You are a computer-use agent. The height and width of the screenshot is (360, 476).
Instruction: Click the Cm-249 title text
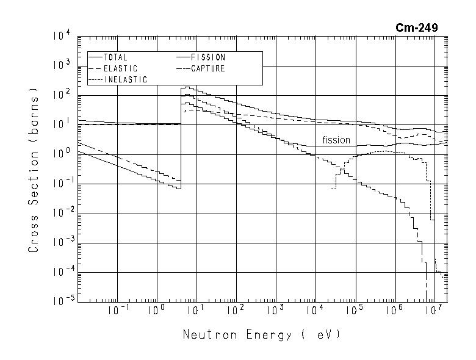417,27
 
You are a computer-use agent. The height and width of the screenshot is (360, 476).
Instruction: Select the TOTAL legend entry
115,57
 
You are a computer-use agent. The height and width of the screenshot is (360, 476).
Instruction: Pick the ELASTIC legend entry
120,68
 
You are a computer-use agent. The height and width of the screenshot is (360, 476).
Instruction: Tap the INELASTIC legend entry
125,80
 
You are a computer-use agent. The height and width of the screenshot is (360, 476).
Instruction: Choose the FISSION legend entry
208,57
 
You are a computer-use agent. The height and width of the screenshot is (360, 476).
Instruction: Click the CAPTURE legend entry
207,68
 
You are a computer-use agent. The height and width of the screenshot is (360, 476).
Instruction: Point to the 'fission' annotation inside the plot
336,140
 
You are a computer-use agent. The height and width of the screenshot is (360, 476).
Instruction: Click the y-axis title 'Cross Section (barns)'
34,170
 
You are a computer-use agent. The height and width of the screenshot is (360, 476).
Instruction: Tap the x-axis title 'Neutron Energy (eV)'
261,335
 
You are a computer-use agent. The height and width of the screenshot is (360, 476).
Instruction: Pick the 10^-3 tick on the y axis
62,243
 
